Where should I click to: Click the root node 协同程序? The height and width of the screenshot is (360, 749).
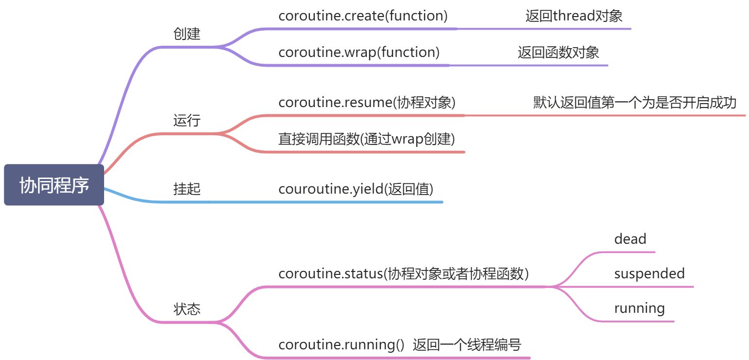click(54, 185)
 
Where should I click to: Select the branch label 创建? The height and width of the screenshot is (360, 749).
click(187, 34)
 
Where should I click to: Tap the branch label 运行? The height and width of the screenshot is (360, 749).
click(187, 121)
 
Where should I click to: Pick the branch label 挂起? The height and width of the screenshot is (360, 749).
click(187, 189)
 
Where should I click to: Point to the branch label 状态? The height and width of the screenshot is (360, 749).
click(187, 309)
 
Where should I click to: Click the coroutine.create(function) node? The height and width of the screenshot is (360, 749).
click(363, 16)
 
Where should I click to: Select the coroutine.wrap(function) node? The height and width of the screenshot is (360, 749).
click(359, 52)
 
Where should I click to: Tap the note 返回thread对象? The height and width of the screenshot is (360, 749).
click(574, 16)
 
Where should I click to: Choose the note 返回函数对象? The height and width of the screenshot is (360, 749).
click(558, 52)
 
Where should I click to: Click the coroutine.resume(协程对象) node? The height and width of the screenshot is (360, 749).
click(367, 103)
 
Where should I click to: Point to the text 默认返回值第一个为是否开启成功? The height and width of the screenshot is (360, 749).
click(635, 103)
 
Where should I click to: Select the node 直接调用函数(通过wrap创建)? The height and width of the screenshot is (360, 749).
click(367, 139)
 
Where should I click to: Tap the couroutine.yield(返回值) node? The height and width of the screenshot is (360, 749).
click(356, 189)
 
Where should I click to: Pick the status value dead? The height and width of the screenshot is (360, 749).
click(630, 239)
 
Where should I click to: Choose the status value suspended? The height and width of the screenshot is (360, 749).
click(649, 273)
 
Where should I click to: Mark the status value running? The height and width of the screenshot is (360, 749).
click(639, 308)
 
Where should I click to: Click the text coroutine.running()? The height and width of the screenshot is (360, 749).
click(341, 345)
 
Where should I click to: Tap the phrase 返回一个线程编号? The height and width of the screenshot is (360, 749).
click(467, 345)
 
